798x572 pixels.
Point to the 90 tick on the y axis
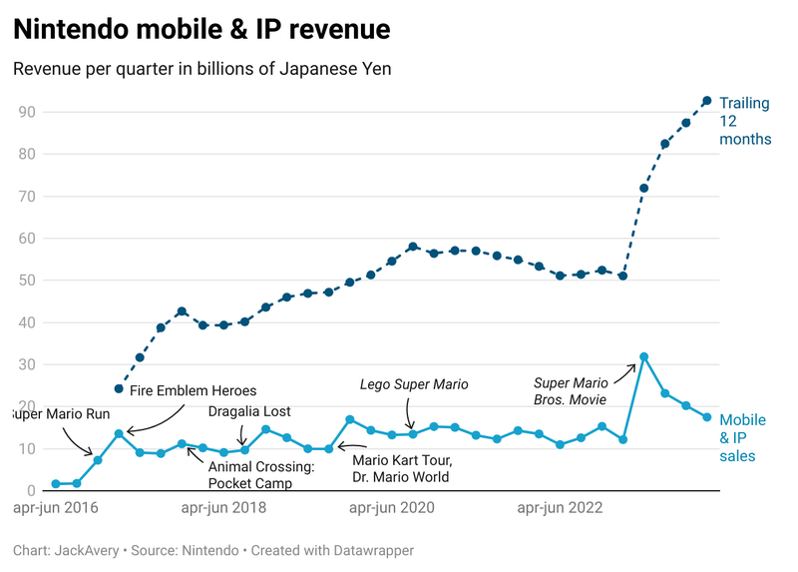(27, 112)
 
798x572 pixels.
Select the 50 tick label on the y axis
(27, 281)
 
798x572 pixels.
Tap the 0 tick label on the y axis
(32, 490)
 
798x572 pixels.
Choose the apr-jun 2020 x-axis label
(392, 508)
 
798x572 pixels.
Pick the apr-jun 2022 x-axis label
(560, 508)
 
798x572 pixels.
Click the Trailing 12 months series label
(745, 121)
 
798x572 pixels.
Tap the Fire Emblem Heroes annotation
(193, 390)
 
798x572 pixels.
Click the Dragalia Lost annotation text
(249, 411)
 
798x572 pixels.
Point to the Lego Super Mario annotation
(414, 384)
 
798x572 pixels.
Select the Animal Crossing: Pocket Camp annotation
(261, 474)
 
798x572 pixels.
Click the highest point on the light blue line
(644, 356)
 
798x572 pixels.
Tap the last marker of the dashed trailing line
(707, 101)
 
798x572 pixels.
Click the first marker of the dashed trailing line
(119, 388)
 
